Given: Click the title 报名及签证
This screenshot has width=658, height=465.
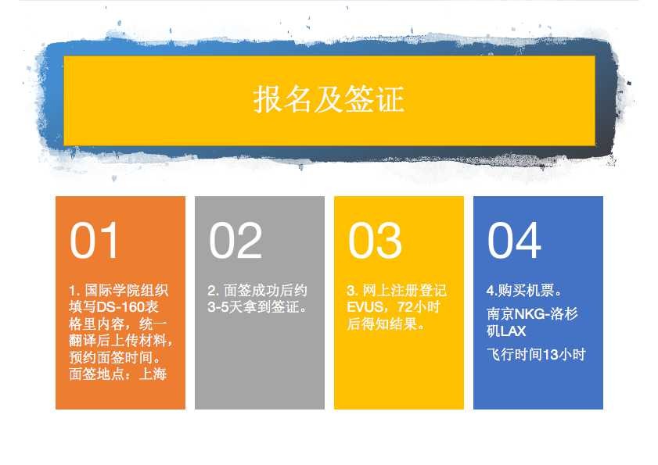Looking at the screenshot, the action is pyautogui.click(x=329, y=99).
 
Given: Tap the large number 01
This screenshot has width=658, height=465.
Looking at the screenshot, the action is pyautogui.click(x=94, y=240).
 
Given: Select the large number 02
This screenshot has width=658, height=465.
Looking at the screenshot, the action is pyautogui.click(x=236, y=240).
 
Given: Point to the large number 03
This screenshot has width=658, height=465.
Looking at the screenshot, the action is pyautogui.click(x=375, y=240).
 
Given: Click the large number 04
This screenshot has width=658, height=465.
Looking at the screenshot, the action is pyautogui.click(x=514, y=240).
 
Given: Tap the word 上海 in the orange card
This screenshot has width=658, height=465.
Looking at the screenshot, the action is pyautogui.click(x=153, y=374).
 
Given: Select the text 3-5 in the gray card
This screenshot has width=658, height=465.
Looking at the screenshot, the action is pyautogui.click(x=218, y=307).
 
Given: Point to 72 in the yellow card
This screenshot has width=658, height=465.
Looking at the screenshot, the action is pyautogui.click(x=405, y=307).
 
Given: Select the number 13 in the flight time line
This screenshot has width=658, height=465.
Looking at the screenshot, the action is pyautogui.click(x=550, y=355).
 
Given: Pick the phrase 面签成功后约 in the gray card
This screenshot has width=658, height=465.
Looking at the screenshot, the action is pyautogui.click(x=265, y=290).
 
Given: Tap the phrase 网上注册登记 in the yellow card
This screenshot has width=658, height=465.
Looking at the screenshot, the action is pyautogui.click(x=405, y=290).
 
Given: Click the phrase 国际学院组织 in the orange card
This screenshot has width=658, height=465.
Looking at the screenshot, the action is pyautogui.click(x=127, y=290).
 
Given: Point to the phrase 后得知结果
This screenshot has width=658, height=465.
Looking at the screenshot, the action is pyautogui.click(x=383, y=324).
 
